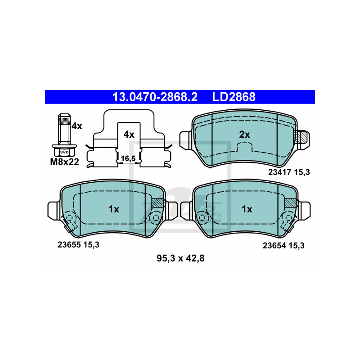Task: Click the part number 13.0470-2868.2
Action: click(x=155, y=97)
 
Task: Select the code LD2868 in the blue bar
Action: click(x=234, y=97)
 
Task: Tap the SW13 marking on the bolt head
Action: click(x=64, y=152)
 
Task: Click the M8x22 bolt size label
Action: click(x=64, y=162)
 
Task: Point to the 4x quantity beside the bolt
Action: click(x=76, y=126)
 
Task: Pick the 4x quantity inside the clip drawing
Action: click(x=129, y=135)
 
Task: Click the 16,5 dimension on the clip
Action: click(x=128, y=158)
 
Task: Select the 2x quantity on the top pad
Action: click(x=244, y=135)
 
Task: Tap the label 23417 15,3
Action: click(x=289, y=172)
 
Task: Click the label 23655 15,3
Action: click(x=78, y=245)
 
